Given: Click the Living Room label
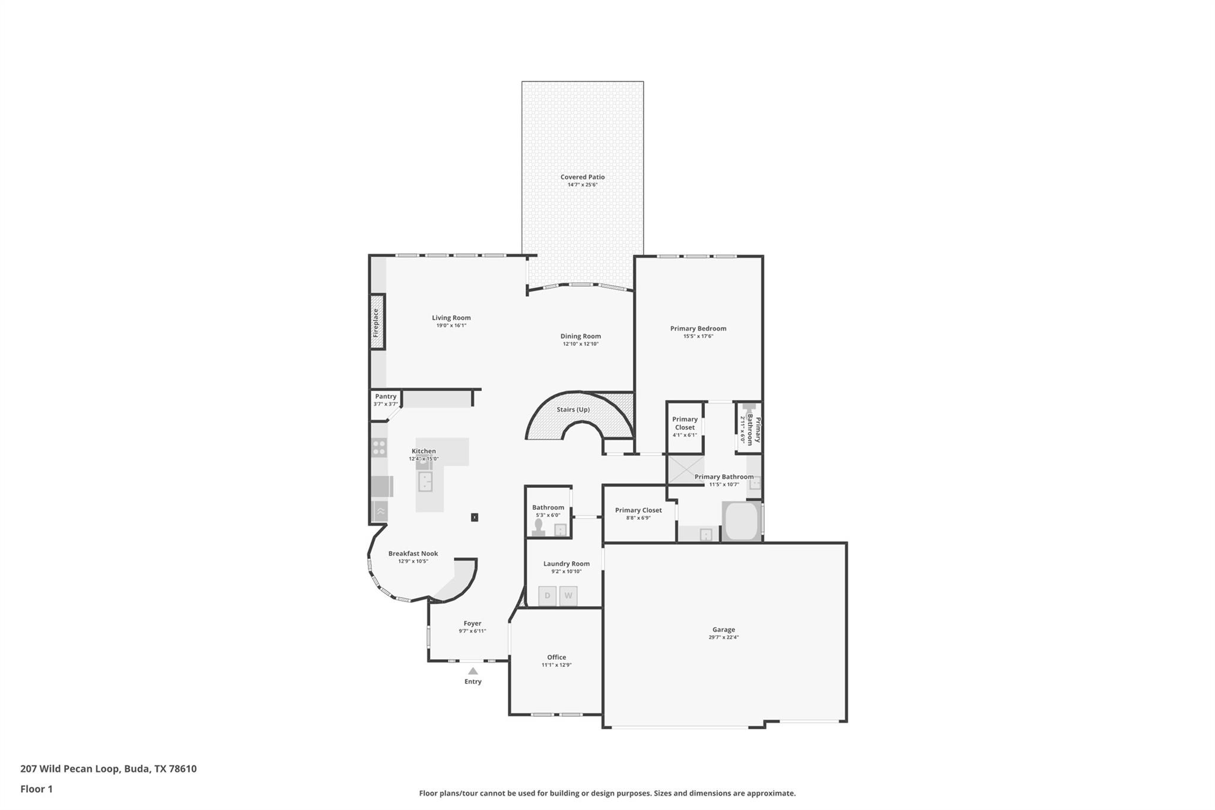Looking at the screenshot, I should coord(451,318).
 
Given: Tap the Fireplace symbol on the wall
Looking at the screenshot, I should coord(377,322).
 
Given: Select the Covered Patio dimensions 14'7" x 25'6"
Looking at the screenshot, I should coord(582,185).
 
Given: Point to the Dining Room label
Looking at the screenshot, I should coord(580,336).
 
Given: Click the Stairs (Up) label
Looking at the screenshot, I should coord(573,410).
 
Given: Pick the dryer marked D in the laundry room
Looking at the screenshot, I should coord(547,596).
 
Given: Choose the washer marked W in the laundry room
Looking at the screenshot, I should coord(568,596).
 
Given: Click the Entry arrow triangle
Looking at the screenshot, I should coord(473,671).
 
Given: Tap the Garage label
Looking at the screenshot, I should coord(723,630).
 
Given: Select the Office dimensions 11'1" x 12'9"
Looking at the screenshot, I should coord(556,665).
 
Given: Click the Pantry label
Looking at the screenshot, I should coord(386,396).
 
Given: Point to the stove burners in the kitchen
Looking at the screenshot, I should coord(379,447).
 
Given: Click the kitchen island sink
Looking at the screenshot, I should coord(425,481).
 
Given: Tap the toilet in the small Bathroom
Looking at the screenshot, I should coord(539,528).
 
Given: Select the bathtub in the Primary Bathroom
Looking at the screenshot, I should coord(741,522).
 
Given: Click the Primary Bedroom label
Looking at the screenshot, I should coord(698,329).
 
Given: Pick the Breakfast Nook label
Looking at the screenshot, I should coord(413,554).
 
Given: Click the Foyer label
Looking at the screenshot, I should coord(472,624).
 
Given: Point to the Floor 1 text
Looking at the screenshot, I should coord(36,789).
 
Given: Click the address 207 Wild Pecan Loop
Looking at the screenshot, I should coord(109,768).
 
